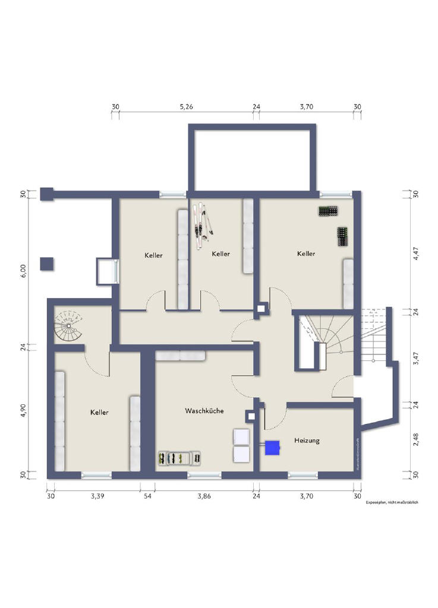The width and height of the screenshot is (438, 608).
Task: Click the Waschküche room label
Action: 204,410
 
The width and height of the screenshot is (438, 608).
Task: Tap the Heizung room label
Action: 307,440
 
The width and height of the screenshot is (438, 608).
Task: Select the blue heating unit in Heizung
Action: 272,448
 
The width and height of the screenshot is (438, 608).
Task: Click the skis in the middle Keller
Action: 201,226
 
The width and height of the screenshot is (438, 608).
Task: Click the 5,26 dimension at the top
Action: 187,107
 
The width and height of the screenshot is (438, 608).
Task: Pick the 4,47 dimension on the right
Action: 416,253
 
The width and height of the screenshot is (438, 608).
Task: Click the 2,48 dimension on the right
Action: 416,440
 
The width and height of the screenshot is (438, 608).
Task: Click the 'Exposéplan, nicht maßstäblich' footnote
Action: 392,502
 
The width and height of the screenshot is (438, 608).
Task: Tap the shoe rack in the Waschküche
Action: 180,458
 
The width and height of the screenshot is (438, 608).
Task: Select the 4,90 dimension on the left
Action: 24,411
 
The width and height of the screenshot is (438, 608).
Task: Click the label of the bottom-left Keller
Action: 99,412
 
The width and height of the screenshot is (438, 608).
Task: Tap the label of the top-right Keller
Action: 306,254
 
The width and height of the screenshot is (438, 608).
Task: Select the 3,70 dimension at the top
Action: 306,107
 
